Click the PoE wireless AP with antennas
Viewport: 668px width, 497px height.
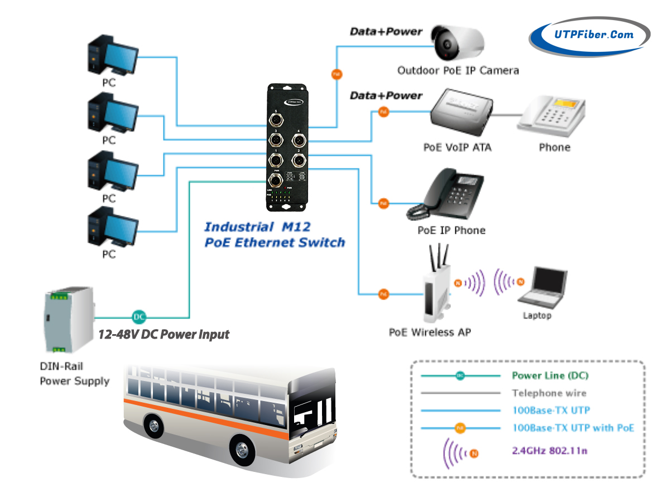[436, 287]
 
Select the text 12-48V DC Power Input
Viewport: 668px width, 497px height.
[164, 335]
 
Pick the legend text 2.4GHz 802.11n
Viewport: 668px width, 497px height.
[550, 450]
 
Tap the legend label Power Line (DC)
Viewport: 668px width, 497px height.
[550, 376]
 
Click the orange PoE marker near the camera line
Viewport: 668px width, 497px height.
[336, 74]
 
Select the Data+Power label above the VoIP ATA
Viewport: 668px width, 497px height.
[386, 96]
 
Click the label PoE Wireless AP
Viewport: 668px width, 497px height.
[430, 332]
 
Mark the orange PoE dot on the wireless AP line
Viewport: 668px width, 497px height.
[383, 294]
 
